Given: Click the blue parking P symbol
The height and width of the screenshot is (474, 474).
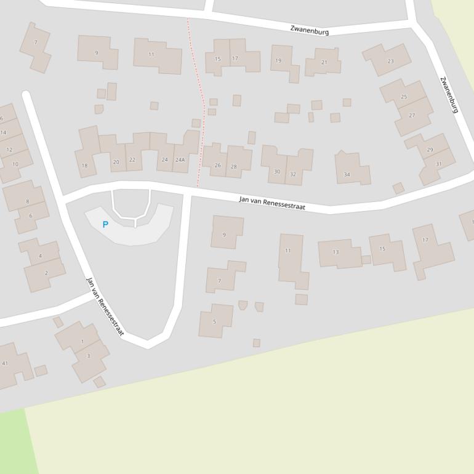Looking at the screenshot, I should [105, 225].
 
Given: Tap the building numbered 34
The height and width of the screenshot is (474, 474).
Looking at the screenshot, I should [347, 174].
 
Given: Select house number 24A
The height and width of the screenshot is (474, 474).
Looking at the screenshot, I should [180, 160].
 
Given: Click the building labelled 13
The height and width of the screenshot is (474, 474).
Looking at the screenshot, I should [335, 252].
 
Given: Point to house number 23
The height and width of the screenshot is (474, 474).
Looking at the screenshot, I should [390, 61].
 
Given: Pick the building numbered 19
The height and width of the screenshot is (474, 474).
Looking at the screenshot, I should [278, 60].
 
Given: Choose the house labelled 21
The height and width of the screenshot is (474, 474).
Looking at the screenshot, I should [324, 62].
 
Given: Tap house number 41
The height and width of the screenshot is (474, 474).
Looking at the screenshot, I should [6, 363].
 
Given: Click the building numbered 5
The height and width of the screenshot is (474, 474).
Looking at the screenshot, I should [214, 321].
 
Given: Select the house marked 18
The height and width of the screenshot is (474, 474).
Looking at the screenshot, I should [84, 165].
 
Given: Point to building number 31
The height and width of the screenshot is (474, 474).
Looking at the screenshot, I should [438, 164].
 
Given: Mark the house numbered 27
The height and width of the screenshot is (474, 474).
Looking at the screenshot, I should [412, 115].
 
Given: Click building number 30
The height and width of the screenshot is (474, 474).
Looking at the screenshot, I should [277, 172].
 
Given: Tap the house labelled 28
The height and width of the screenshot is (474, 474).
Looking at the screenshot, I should [234, 167].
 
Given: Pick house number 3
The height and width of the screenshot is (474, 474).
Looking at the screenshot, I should [88, 356].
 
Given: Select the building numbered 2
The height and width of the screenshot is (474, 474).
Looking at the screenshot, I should [46, 273].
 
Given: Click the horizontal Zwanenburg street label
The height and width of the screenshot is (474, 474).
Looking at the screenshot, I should [309, 31].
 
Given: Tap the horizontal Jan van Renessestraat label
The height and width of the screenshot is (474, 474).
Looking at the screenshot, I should [272, 203].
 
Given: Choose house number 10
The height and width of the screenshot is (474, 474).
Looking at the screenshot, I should [15, 164].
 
